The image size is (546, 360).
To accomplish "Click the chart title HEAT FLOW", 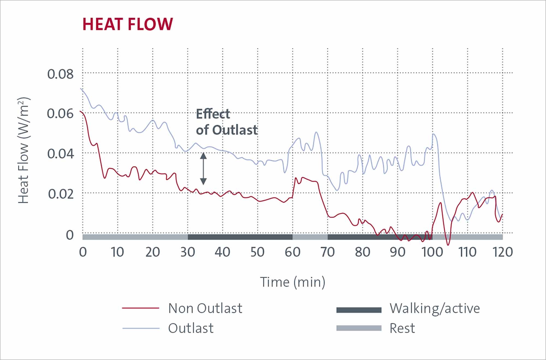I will pos(127,24).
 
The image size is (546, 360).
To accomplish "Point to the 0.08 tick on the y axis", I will pos(60,74).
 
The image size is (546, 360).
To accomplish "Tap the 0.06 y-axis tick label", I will pos(60,114).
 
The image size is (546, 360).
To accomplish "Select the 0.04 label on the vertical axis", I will pos(60,154).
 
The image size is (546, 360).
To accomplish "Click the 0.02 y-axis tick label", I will pos(61,194).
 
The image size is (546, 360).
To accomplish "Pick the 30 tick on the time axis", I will pos(188,252).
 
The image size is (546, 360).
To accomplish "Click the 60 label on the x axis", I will pos(292,252).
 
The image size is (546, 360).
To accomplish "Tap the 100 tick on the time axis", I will pos(432,252).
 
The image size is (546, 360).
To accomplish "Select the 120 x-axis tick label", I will pos(502,252).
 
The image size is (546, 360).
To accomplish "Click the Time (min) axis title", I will pos(292,282).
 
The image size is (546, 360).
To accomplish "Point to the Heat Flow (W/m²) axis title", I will pos(23,150).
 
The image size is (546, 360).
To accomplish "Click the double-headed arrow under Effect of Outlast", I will pos(203,169).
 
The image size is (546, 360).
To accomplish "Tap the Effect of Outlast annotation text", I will pos(227,122).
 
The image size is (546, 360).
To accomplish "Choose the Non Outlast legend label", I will pos(205,308).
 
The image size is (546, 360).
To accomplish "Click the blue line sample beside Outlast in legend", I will pos(141,328).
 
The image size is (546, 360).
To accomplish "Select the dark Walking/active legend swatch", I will pos(359,310).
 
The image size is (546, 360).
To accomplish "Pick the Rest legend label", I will pos(402,328).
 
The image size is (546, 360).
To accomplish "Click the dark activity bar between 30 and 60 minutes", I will pos(240,237).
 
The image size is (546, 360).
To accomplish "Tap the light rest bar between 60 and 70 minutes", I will pos(310,237).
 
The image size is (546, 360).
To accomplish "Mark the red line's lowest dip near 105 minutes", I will pos(448,244).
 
